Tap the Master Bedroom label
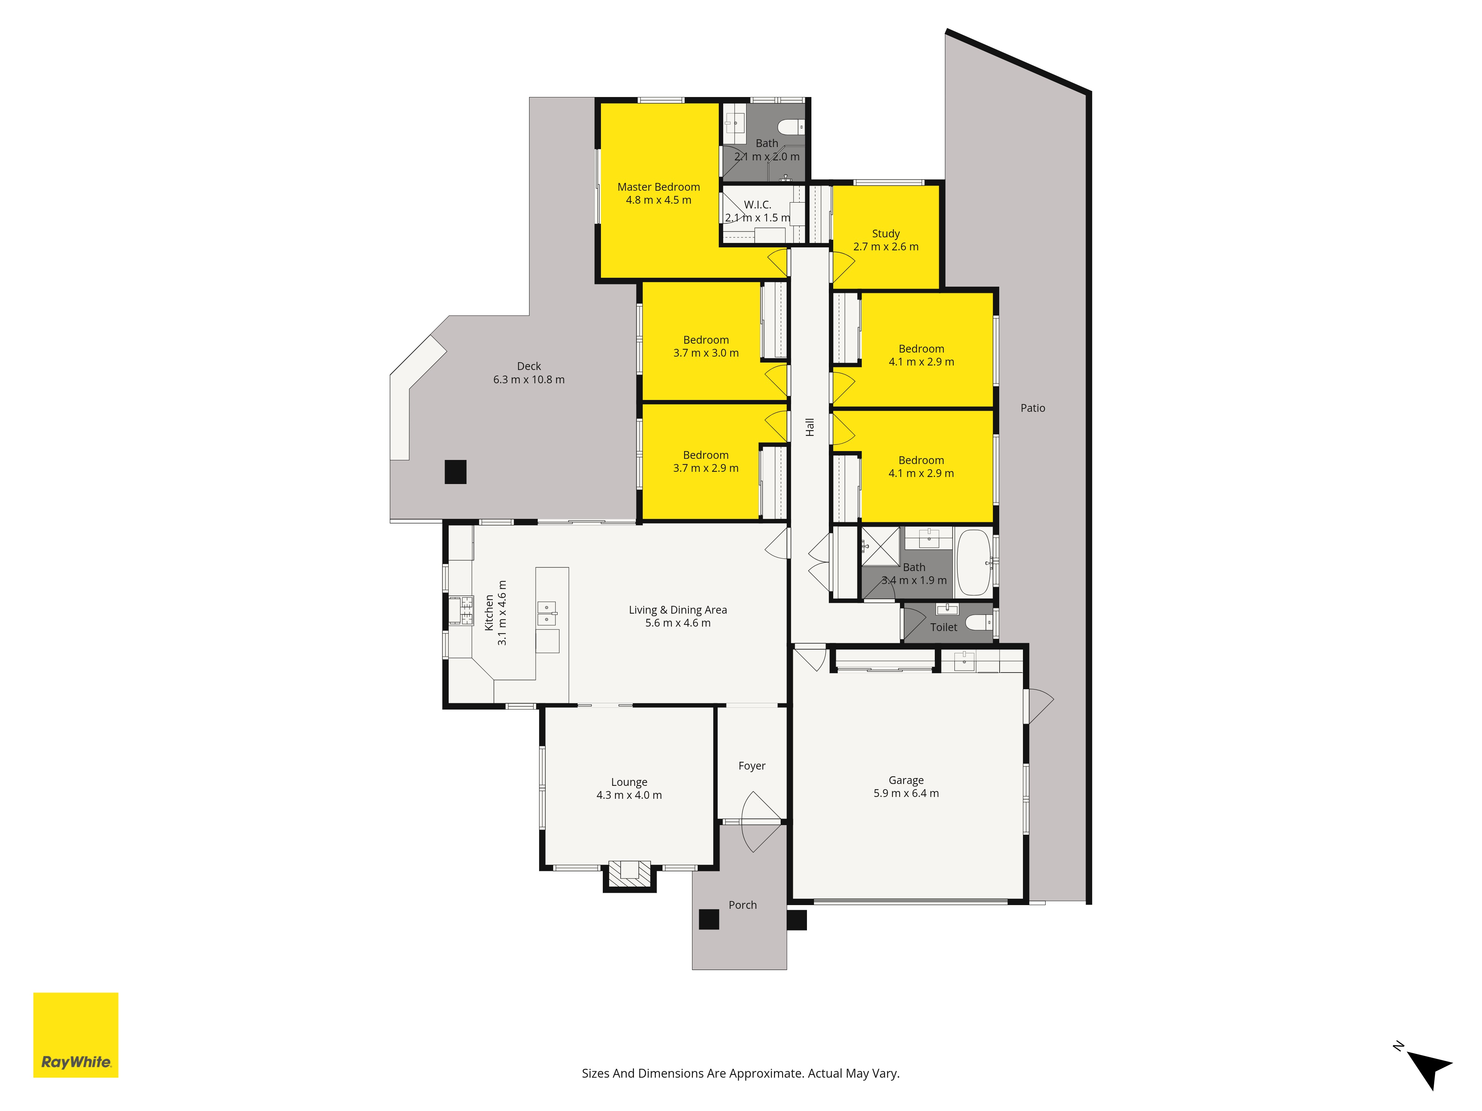(659, 187)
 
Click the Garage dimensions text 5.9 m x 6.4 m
(906, 793)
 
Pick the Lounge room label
(629, 782)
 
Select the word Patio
(1033, 408)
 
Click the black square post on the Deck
(456, 471)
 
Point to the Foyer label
(752, 765)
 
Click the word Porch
(742, 905)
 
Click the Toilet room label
(943, 627)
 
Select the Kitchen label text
(489, 613)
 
